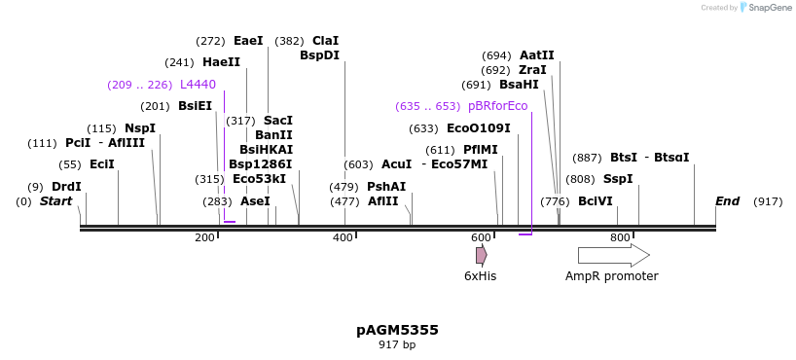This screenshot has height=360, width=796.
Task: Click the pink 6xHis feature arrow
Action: pyautogui.click(x=481, y=255)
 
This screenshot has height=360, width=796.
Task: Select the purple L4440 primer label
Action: pyautogui.click(x=198, y=85)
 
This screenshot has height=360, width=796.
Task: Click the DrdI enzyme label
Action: pyautogui.click(x=66, y=187)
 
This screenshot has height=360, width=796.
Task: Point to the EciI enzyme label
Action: pyautogui.click(x=102, y=164)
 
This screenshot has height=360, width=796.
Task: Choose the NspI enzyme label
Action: pyautogui.click(x=140, y=128)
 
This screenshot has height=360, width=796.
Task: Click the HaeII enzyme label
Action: pyautogui.click(x=221, y=62)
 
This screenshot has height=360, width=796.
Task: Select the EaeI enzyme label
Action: pyautogui.click(x=248, y=41)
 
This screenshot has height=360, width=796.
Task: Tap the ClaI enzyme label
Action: pyautogui.click(x=325, y=41)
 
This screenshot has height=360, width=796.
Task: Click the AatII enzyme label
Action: pyautogui.click(x=537, y=55)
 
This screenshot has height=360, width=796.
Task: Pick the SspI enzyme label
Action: pyautogui.click(x=618, y=179)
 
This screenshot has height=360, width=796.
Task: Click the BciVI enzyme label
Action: pyautogui.click(x=596, y=201)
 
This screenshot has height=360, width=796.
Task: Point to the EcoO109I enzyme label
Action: pyautogui.click(x=478, y=128)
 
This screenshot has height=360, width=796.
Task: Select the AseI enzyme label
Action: pyautogui.click(x=255, y=201)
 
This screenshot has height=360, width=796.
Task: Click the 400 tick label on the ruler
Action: pyautogui.click(x=344, y=237)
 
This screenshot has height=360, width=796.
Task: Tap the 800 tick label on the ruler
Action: pyautogui.click(x=620, y=237)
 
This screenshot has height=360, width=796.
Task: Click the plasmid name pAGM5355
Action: pyautogui.click(x=397, y=330)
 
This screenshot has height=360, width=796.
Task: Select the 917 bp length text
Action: pyautogui.click(x=397, y=344)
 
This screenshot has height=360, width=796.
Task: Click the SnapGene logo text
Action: pyautogui.click(x=770, y=8)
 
